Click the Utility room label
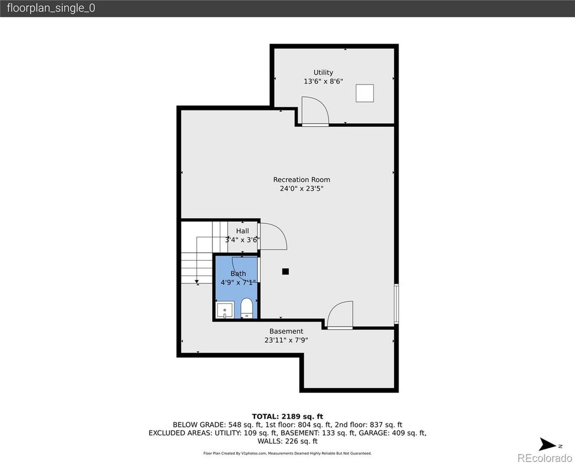point(323,72)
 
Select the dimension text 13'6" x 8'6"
point(323,82)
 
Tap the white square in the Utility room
point(364,93)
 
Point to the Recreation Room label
point(301,179)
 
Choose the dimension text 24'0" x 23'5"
point(301,189)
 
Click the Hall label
point(242,231)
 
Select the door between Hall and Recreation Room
point(272,237)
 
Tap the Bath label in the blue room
point(238,274)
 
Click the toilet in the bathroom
point(247,309)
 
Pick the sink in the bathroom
point(225,311)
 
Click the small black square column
point(285,271)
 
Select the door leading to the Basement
point(340,315)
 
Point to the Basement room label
point(286,331)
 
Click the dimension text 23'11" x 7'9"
point(286,341)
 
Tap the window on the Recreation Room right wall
point(396,304)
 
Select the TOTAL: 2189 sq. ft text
point(287,416)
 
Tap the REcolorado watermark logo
point(543,458)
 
